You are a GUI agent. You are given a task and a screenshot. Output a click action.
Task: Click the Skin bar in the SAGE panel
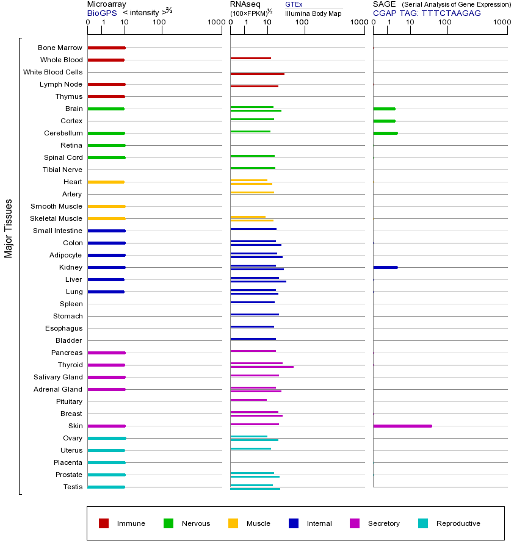coord(402,426)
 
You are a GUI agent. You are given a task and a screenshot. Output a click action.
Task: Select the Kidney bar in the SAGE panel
coord(385,267)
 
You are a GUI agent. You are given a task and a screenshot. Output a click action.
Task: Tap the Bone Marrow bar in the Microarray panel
coord(106,48)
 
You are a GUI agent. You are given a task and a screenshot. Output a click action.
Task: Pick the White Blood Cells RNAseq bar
coord(257,74)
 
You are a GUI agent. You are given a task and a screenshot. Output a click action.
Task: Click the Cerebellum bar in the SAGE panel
coord(385,133)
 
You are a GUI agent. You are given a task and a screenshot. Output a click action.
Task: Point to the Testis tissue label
coord(73,487)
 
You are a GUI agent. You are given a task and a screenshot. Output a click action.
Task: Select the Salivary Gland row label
coord(58,377)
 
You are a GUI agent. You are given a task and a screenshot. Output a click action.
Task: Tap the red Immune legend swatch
coord(104,523)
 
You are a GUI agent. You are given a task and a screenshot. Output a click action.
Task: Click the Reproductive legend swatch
coord(423,523)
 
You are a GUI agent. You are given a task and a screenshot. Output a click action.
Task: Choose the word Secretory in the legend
coord(383,523)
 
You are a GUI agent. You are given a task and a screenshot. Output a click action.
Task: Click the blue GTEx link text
coord(294,4)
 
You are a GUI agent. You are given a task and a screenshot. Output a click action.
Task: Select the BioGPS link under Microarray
coord(101,13)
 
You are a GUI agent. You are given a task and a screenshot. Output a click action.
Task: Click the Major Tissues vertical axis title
coord(9,228)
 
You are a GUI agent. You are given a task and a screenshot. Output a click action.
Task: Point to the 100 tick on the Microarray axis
coord(159,23)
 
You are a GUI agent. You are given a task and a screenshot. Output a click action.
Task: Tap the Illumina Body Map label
coord(313,13)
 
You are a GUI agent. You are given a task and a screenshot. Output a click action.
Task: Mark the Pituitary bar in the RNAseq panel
coord(248,400)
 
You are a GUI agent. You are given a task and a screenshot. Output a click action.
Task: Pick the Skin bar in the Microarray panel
coord(106,426)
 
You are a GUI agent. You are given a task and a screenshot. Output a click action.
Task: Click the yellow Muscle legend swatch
coord(233,523)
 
